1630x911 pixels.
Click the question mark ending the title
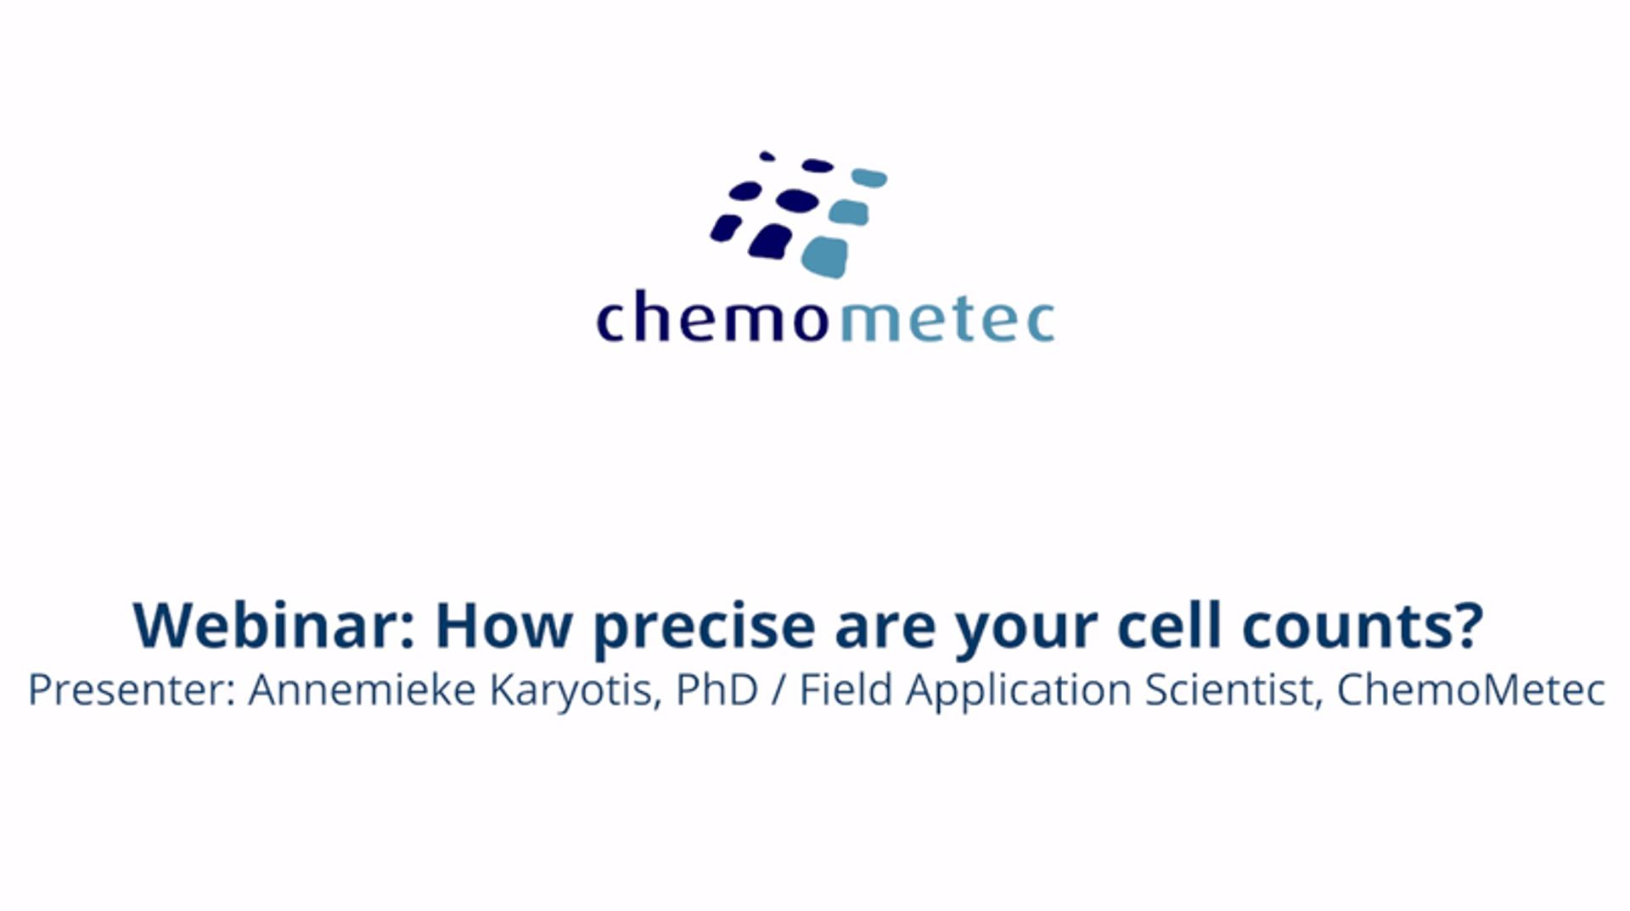tap(1467, 627)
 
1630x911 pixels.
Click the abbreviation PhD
tap(717, 690)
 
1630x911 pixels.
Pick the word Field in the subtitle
tap(846, 690)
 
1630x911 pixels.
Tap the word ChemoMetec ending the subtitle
tap(1470, 690)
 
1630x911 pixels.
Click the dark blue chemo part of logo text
tap(713, 318)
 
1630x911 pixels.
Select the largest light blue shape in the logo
tap(824, 257)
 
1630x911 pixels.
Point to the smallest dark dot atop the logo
tap(767, 156)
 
